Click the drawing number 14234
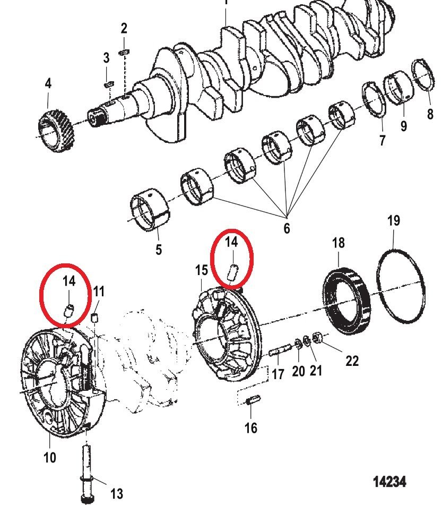point(389,482)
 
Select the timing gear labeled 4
point(55,131)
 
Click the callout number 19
point(394,220)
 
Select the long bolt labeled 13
point(87,474)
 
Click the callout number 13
point(117,493)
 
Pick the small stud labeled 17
point(279,350)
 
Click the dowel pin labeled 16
point(253,400)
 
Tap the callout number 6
point(287,228)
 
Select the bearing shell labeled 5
point(150,210)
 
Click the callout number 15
point(202,270)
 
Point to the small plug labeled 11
point(94,318)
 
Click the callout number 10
point(49,457)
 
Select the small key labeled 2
point(124,52)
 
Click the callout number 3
point(106,58)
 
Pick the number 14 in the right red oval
point(231,242)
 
